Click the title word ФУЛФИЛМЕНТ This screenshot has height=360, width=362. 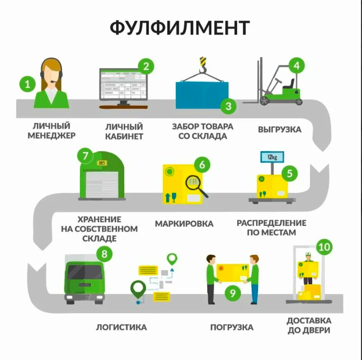coord(179,28)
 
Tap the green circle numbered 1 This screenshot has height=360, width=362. coord(27,84)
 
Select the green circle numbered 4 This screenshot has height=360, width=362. coord(297,66)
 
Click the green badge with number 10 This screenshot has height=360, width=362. coord(324,247)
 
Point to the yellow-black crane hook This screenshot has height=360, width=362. coord(203,64)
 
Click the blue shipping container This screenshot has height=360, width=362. coord(202,95)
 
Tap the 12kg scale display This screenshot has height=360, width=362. coord(272,157)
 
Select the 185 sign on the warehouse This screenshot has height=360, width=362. coord(102,163)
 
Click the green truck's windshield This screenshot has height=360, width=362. coord(85,272)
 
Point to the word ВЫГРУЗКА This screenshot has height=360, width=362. coord(279,129)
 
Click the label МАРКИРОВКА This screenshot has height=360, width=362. coord(184,224)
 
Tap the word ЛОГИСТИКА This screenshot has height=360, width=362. coord(121,327)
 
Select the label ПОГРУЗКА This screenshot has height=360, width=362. coord(232,327)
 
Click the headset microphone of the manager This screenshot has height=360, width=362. coord(54,81)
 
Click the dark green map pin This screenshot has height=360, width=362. coord(138,289)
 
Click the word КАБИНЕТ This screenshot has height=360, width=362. coord(124,137)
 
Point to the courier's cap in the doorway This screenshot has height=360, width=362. coord(308,254)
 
